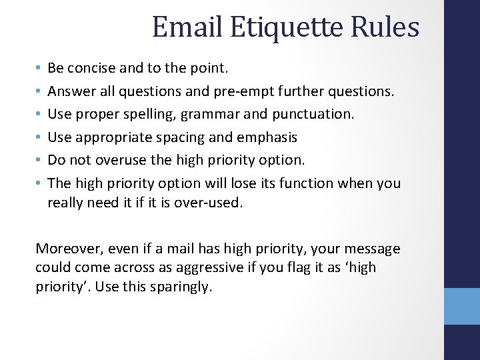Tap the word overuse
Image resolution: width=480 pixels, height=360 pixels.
116,161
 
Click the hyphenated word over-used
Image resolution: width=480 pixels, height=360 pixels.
208,203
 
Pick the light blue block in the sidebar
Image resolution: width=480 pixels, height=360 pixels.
462,306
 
